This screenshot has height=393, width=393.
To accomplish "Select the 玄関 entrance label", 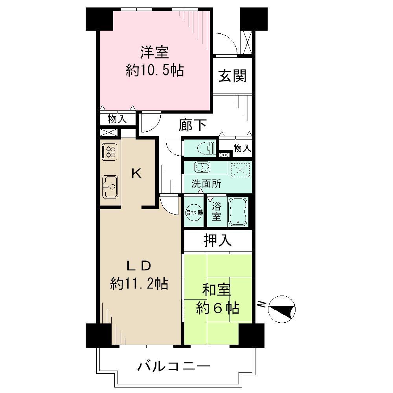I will click(232, 76).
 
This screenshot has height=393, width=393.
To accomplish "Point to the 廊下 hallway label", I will click(193, 125).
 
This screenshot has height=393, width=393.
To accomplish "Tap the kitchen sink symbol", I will click(110, 187).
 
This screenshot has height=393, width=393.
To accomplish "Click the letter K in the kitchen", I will click(136, 173).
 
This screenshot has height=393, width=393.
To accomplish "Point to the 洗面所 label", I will click(206, 184).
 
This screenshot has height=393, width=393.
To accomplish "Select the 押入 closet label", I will click(217, 241).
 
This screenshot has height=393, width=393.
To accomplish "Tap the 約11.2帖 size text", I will click(139, 283).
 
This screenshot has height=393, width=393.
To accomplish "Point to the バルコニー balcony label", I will click(174, 367).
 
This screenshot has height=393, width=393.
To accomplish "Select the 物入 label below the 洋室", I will click(117, 119).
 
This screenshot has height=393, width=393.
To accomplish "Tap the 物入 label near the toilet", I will click(242, 148).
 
